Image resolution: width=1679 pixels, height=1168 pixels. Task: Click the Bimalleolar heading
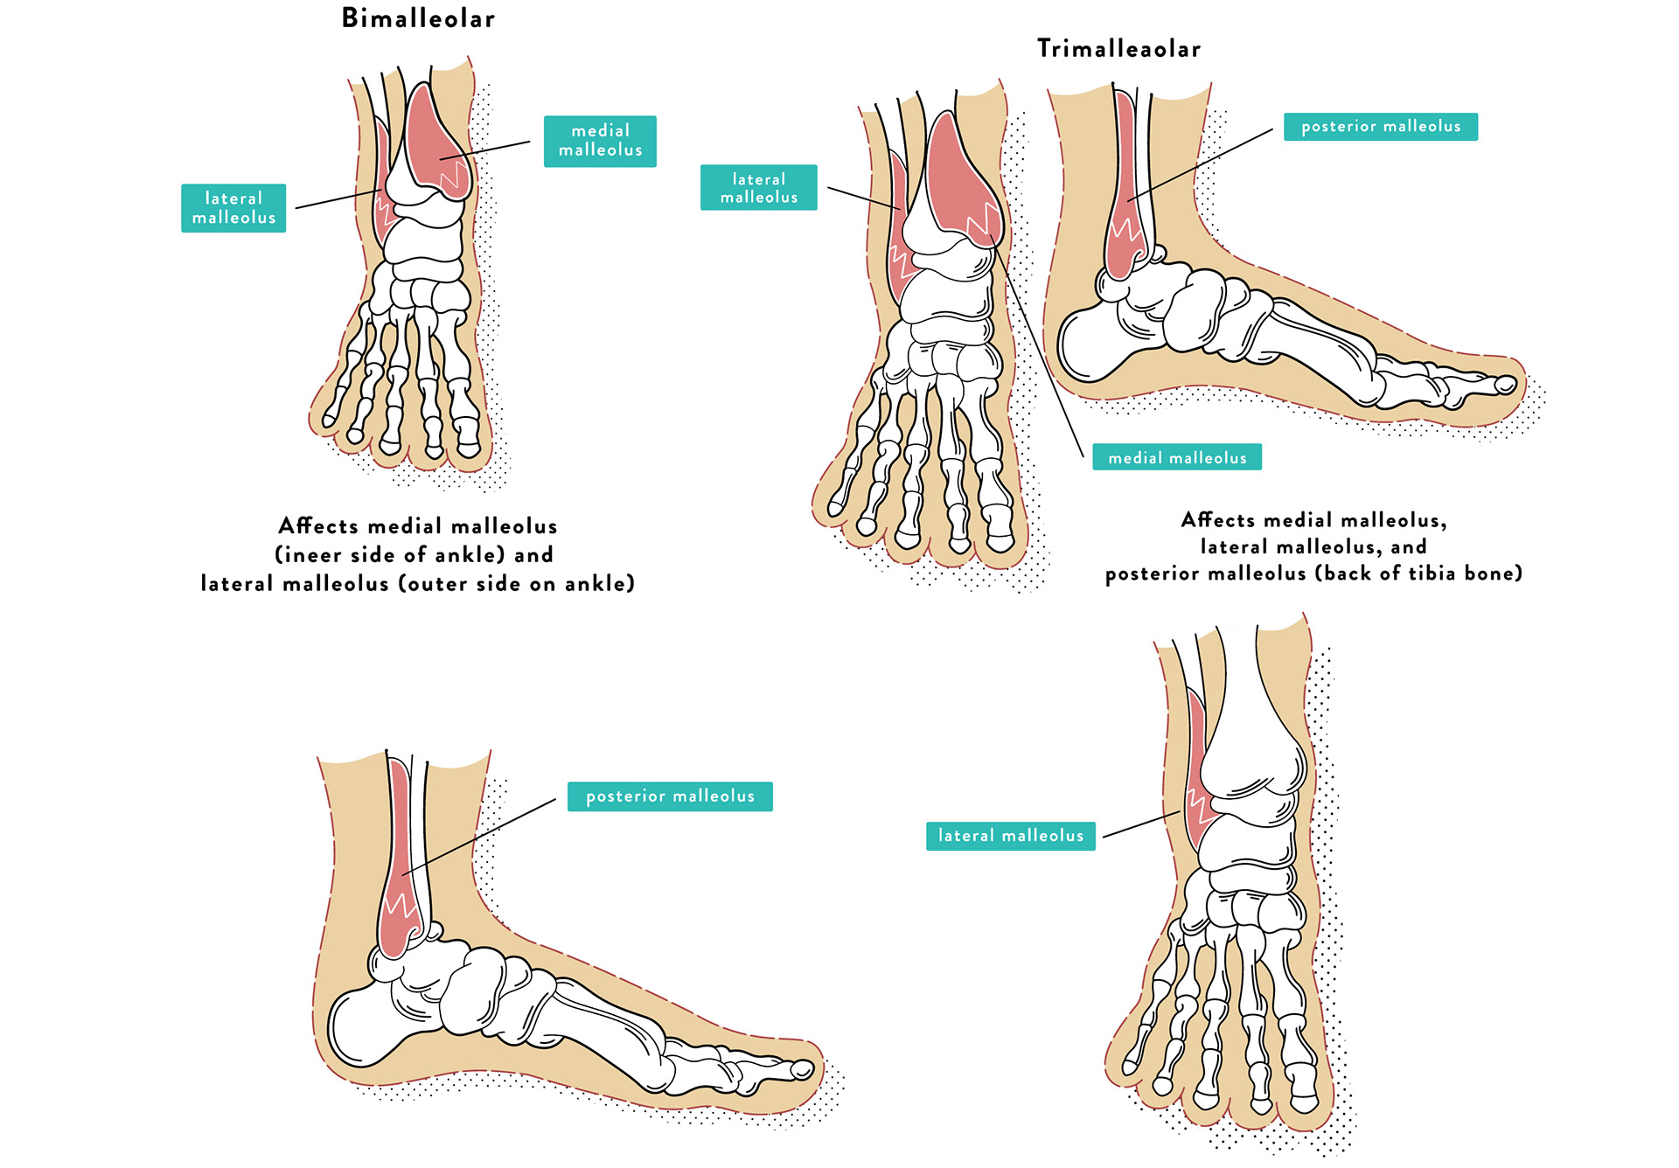[418, 18]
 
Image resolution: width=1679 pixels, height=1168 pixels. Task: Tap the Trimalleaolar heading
[1118, 49]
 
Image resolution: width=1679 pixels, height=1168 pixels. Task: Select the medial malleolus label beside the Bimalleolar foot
[600, 141]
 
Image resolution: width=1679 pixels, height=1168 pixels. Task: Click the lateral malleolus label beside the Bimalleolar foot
[233, 208]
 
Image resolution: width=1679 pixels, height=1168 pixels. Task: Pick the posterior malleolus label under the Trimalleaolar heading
[1380, 127]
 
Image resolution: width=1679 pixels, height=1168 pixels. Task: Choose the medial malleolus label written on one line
[1176, 457]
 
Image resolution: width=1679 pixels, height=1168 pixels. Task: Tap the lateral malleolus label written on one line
[1010, 836]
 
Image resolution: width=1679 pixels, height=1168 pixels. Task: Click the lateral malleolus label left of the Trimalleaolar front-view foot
[758, 188]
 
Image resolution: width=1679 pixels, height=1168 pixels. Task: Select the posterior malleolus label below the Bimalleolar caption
[670, 796]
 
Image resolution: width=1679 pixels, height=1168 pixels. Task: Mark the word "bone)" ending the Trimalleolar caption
[1495, 574]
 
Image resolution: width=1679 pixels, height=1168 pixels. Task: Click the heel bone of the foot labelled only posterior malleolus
[359, 1027]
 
